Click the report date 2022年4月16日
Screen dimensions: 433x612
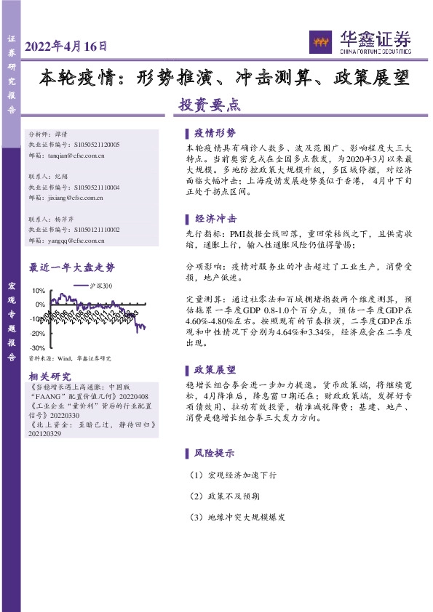point(66,46)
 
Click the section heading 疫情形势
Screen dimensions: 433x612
point(215,134)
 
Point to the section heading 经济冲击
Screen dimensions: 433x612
point(215,219)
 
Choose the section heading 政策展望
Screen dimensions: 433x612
point(215,370)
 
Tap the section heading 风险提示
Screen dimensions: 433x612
point(215,453)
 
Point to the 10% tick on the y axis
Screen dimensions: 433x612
point(37,291)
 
